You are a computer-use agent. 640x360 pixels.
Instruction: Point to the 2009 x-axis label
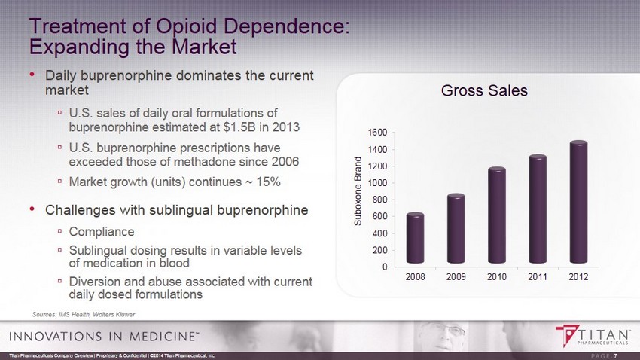click(x=456, y=277)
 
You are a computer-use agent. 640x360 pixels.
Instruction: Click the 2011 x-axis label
click(x=538, y=277)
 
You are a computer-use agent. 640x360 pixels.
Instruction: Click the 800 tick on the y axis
click(x=379, y=200)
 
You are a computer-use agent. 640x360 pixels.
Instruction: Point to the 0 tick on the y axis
click(x=384, y=267)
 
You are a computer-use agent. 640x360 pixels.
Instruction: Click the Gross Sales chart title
click(x=484, y=91)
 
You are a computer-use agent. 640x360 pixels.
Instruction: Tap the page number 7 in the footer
click(x=616, y=355)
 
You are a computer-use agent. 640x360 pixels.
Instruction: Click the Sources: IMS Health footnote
click(x=84, y=313)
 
